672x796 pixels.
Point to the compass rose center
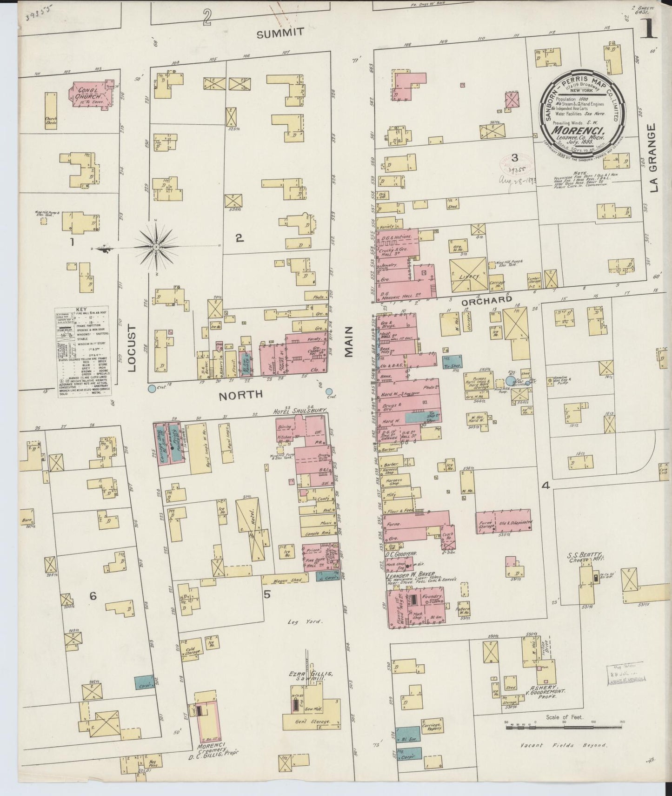(x=157, y=246)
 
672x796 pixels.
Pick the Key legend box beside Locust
(x=85, y=352)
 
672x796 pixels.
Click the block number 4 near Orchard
(x=546, y=486)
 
